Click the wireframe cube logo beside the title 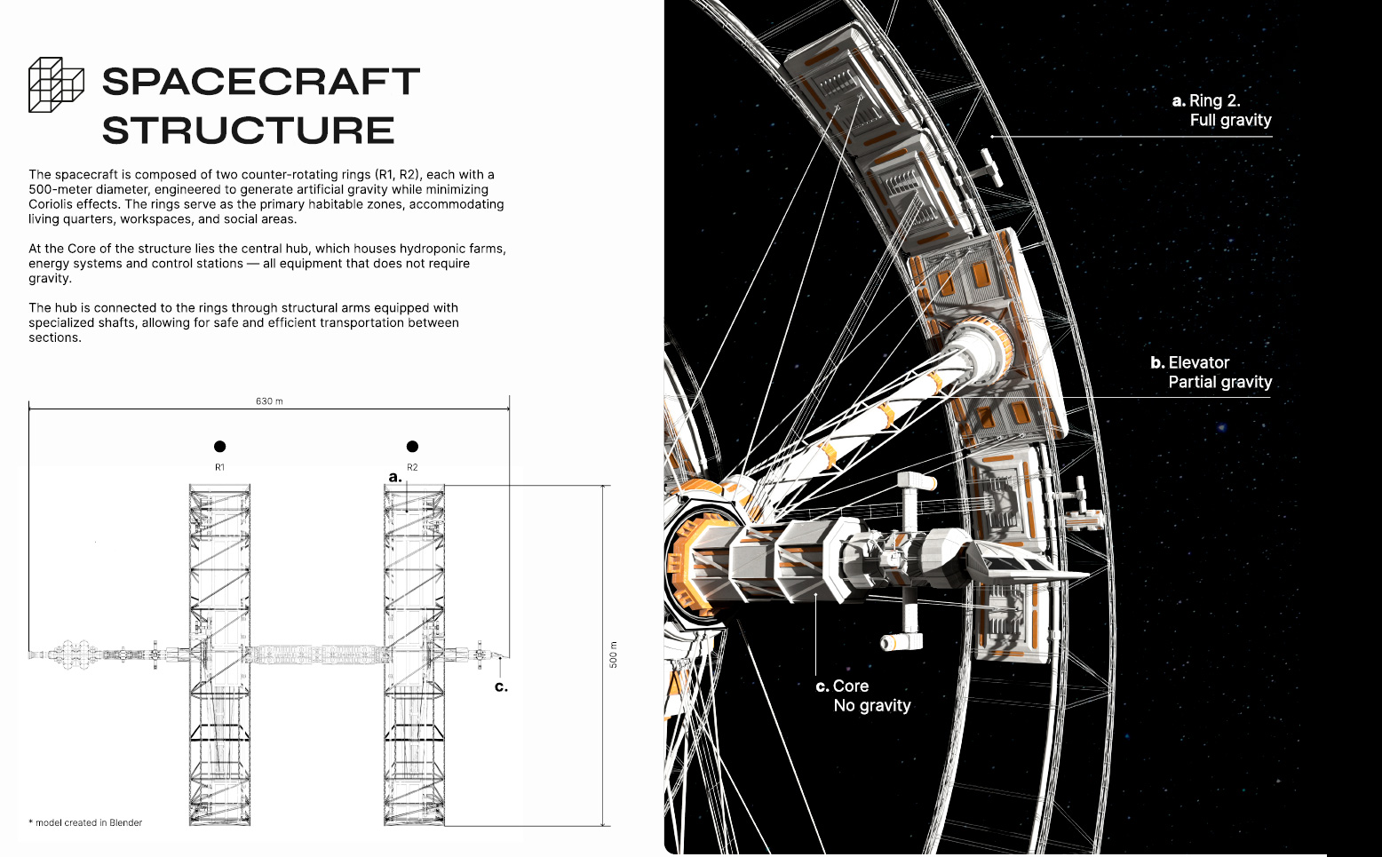tap(56, 85)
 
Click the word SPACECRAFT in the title tap(260, 82)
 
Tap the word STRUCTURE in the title tap(248, 131)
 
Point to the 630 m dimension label tap(269, 401)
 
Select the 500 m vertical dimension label tap(613, 655)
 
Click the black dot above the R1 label tap(219, 446)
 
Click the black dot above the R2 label tap(412, 446)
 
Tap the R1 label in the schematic tap(219, 467)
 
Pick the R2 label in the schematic tap(412, 467)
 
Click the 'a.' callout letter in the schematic tap(395, 477)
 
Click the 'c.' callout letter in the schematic tap(501, 686)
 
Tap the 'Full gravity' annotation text tap(1230, 120)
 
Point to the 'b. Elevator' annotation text tap(1190, 362)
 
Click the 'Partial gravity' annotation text tap(1219, 382)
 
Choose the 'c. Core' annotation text tap(842, 686)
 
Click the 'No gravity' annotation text tap(871, 705)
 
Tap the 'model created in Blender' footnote tap(88, 822)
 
